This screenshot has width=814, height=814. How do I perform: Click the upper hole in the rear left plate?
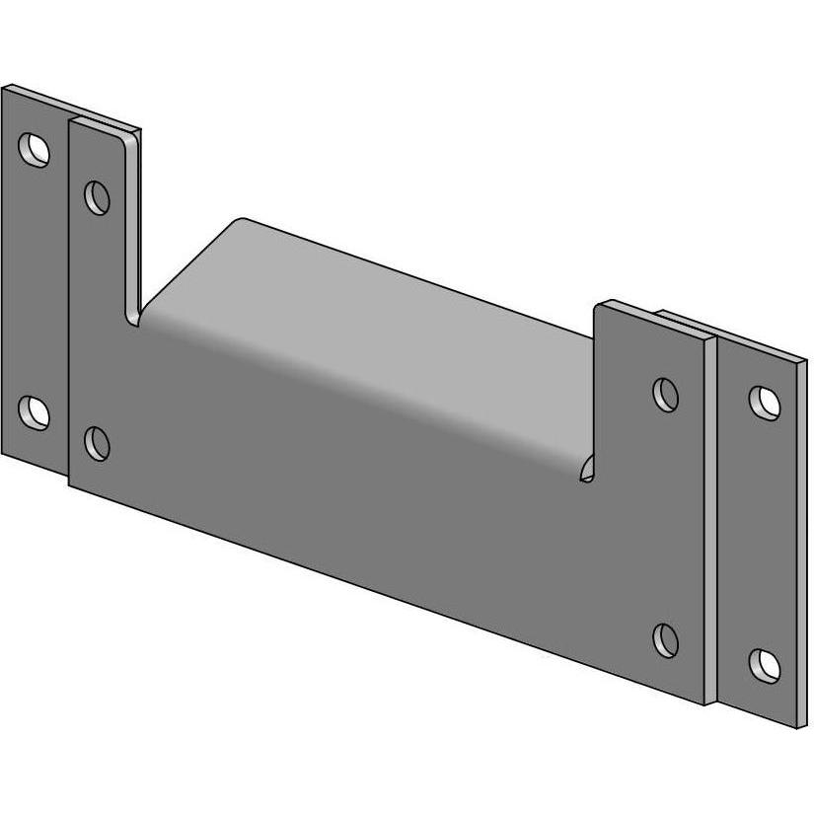37,150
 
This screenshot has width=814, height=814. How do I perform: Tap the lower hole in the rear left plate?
35,411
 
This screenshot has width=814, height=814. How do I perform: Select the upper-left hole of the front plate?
98,197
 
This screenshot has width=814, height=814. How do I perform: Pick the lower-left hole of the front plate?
97,443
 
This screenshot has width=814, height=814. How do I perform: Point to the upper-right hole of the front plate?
667,394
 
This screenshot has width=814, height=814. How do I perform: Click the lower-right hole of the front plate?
667,639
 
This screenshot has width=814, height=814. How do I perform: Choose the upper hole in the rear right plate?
764,401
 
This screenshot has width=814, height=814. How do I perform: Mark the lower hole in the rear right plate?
764,666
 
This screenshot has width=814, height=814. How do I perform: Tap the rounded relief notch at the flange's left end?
135,314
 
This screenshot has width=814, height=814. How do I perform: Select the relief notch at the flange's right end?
587,469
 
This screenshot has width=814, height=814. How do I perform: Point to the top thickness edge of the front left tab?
106,124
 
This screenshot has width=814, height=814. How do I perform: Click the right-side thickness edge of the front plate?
711,523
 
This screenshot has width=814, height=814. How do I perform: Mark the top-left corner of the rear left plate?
3,87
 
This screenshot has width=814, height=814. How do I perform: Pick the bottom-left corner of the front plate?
70,484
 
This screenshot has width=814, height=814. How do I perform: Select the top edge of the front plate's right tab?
651,319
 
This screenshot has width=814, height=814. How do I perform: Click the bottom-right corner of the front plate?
706,704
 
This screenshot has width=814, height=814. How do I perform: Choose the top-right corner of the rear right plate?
807,361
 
